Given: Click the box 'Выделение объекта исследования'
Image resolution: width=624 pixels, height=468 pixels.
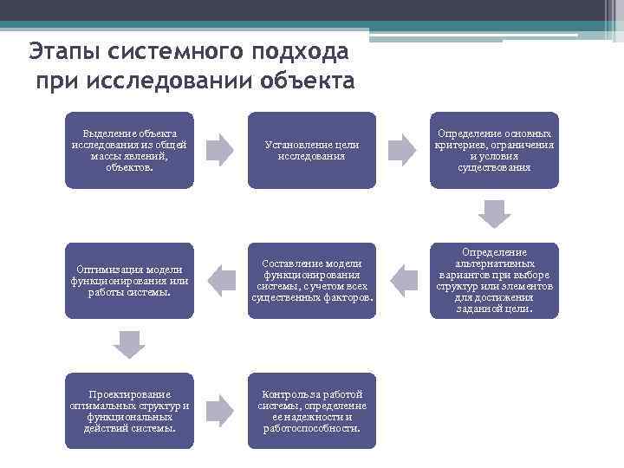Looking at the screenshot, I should point(129,150).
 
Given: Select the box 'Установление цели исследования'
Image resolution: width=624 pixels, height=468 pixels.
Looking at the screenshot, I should point(312,150).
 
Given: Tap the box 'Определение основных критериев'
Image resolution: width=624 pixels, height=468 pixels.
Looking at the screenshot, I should point(495,150).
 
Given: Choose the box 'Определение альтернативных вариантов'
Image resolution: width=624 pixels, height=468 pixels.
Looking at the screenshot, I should point(495,280).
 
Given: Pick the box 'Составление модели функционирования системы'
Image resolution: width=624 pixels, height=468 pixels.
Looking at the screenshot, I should point(312,280).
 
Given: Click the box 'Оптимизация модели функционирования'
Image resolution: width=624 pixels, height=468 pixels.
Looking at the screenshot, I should point(129,280).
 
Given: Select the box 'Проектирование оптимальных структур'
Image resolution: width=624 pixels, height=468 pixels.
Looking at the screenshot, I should point(129,411).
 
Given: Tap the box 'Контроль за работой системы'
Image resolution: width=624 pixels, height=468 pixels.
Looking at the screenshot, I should point(312,411).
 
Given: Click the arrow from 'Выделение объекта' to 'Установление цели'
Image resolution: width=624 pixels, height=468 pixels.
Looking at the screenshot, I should point(220,150).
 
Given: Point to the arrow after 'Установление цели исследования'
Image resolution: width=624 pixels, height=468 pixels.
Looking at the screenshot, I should point(402,150).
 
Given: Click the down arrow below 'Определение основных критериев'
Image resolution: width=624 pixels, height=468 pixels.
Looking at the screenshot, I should point(495,213).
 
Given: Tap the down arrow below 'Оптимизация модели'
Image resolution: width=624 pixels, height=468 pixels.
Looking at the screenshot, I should point(129,344).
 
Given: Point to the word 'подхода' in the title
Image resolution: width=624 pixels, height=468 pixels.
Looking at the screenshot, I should point(299,51).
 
